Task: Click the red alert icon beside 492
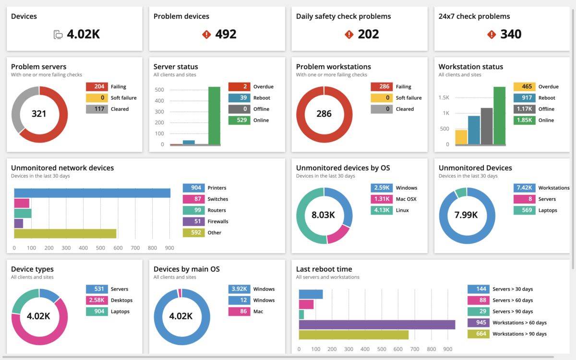(206, 35)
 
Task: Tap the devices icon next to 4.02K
(58, 35)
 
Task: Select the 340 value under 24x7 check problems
(511, 34)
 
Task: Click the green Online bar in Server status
(214, 115)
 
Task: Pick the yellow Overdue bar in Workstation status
(461, 137)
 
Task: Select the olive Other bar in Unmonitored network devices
(65, 233)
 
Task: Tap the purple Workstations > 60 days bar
(377, 325)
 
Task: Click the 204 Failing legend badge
(96, 87)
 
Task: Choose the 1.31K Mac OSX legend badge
(382, 199)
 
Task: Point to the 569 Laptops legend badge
(524, 210)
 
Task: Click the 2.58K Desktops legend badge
(96, 300)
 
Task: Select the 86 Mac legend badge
(239, 312)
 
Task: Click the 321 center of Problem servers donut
(39, 114)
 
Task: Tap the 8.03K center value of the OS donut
(324, 215)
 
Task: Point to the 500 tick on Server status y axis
(159, 90)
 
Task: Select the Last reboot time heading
(324, 269)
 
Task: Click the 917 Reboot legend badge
(524, 98)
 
